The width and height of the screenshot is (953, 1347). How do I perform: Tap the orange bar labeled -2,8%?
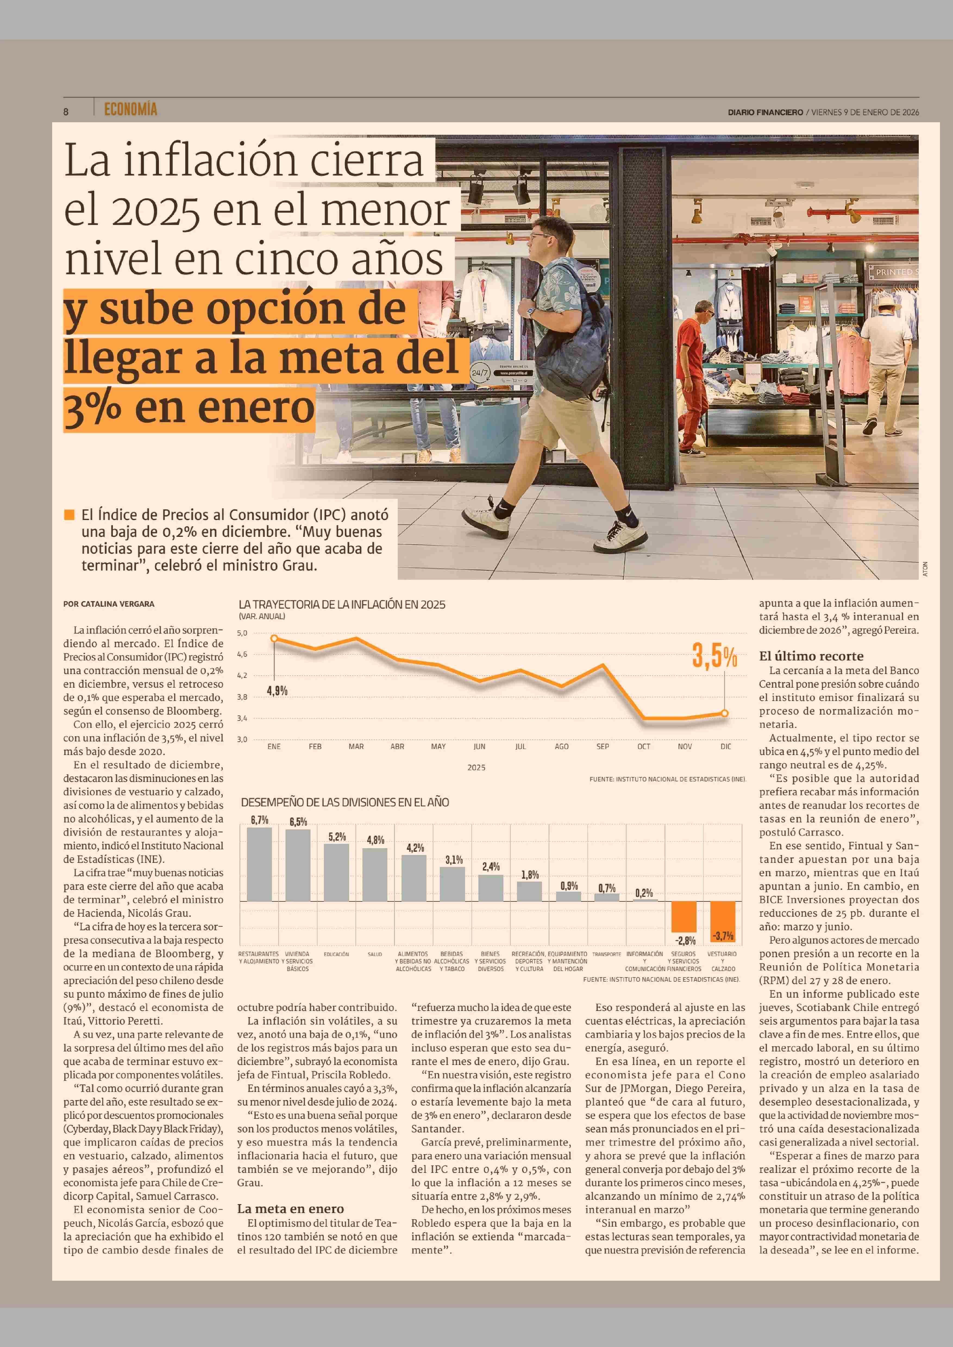point(684,916)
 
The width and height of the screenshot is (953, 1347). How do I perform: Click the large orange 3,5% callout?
point(714,656)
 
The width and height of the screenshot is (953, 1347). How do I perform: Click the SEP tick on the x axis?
point(602,747)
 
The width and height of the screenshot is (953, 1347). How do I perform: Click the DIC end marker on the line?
point(725,713)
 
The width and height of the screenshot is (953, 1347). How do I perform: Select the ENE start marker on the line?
point(274,638)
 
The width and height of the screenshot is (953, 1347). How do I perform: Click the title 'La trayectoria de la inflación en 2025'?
point(341,604)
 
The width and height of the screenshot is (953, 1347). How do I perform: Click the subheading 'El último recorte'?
point(811,656)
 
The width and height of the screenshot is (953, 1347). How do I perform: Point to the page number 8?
point(66,111)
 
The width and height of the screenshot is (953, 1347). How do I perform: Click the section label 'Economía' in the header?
point(130,109)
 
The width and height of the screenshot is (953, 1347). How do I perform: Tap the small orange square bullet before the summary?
point(69,515)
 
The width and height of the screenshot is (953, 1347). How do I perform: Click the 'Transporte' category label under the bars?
point(606,954)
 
